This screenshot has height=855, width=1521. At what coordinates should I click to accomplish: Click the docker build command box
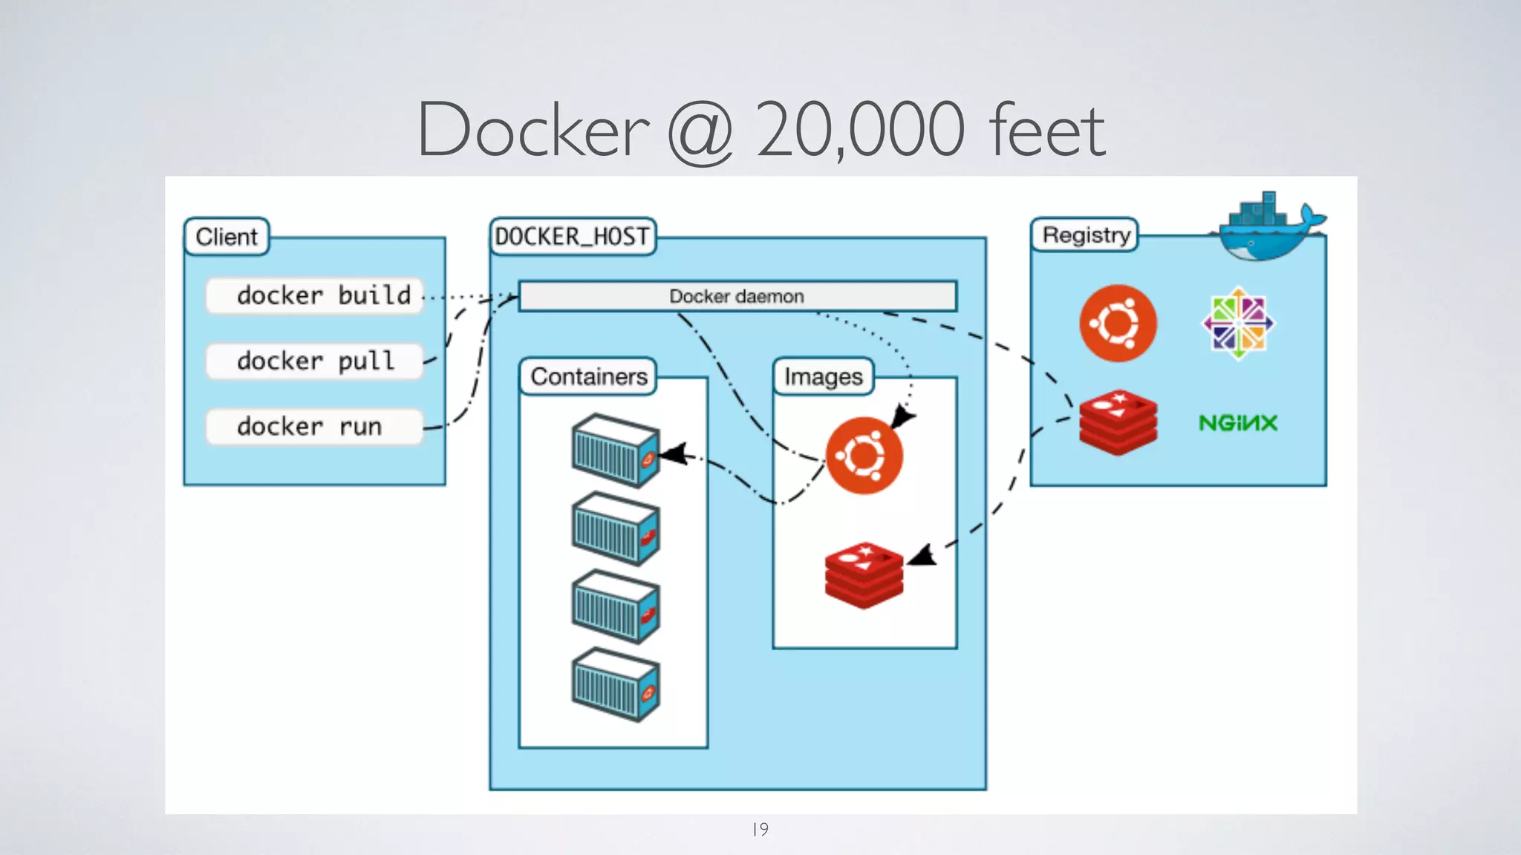click(x=315, y=295)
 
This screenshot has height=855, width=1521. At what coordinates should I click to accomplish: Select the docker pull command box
click(x=315, y=361)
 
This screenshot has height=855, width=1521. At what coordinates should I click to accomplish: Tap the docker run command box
click(x=315, y=426)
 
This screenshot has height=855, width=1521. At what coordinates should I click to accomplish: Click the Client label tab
click(x=227, y=237)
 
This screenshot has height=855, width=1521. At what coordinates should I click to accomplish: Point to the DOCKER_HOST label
click(x=572, y=237)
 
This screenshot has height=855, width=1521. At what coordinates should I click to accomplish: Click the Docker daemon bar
click(x=737, y=296)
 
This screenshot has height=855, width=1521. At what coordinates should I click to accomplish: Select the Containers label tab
click(x=588, y=376)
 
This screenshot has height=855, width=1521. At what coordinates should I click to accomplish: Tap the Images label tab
click(x=823, y=377)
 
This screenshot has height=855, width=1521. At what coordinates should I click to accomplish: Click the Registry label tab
click(x=1085, y=235)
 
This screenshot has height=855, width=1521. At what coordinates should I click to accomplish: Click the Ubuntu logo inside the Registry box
click(x=1118, y=324)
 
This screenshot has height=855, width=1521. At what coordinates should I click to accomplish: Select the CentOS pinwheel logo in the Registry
click(x=1238, y=324)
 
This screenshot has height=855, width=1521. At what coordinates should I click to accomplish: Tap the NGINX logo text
click(x=1238, y=423)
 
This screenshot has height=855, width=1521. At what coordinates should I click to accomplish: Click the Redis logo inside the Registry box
click(x=1118, y=422)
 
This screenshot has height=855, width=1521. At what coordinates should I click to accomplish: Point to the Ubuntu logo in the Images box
click(x=864, y=455)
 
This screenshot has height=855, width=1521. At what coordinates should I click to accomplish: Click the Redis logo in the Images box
click(x=864, y=575)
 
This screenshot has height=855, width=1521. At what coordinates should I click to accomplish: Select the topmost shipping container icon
click(x=615, y=451)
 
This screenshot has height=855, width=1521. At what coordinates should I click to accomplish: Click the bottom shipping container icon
click(x=615, y=684)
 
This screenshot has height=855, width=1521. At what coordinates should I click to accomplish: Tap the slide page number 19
click(x=760, y=829)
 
